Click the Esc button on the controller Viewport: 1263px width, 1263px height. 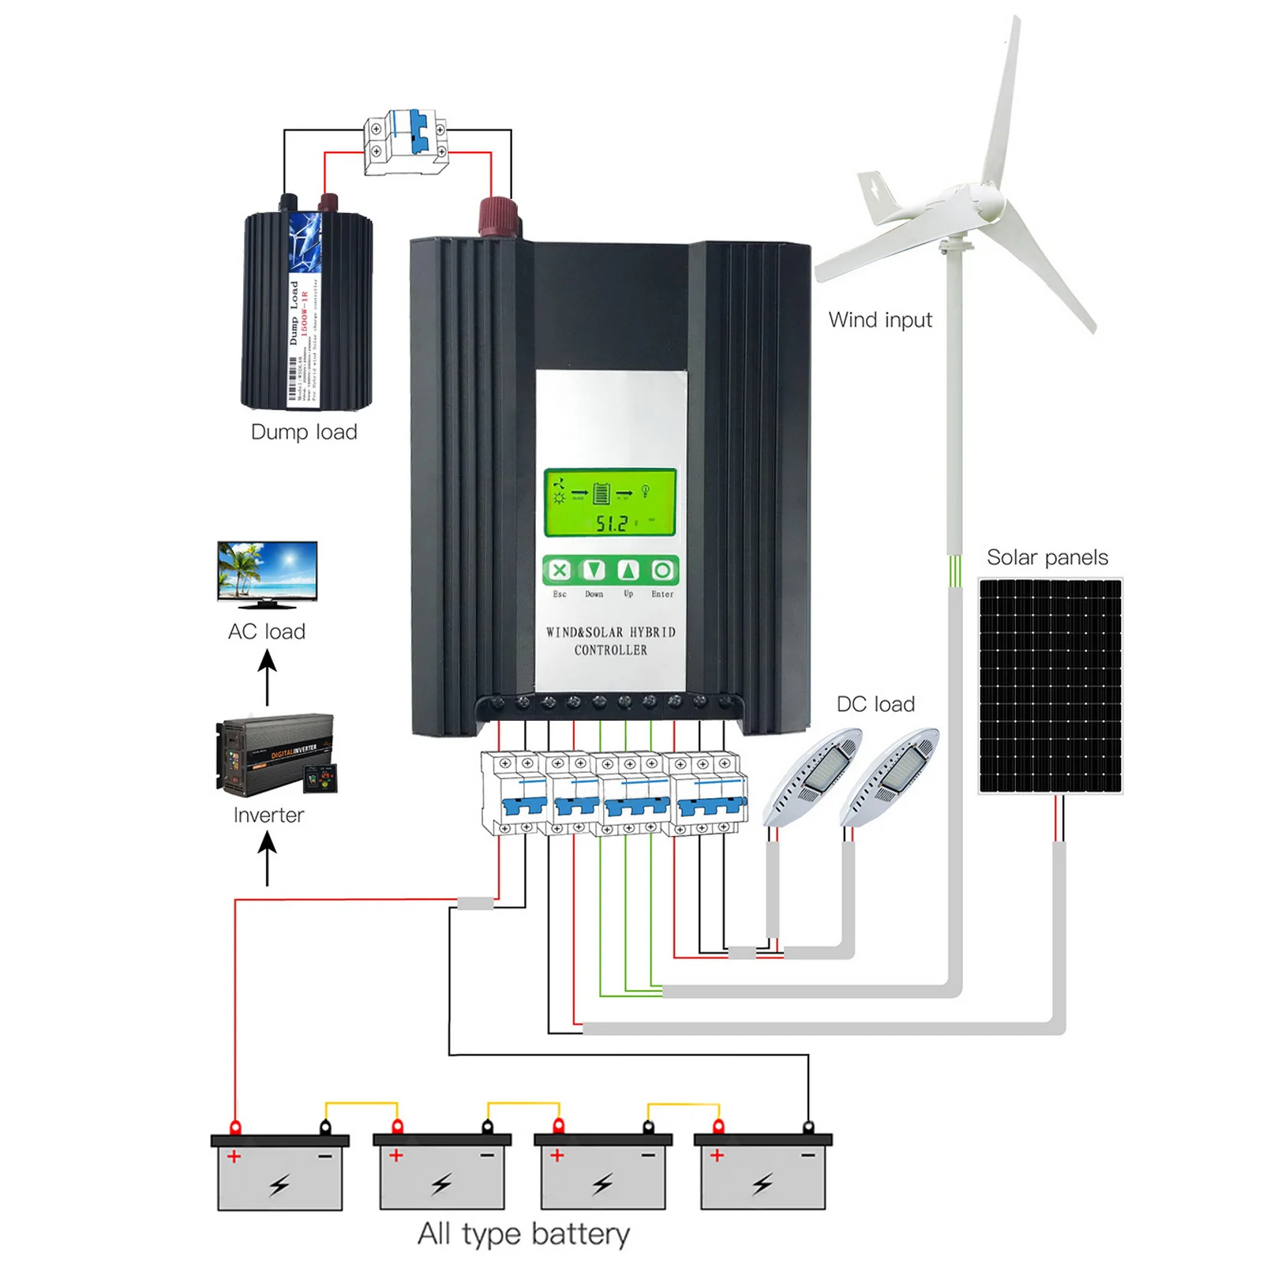pyautogui.click(x=559, y=570)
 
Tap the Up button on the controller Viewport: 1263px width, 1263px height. pyautogui.click(x=628, y=570)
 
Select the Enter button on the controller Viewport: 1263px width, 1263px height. pyautogui.click(x=663, y=570)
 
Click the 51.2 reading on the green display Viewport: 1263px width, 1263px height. pyautogui.click(x=613, y=523)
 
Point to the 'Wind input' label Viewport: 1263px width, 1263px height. pyautogui.click(x=879, y=320)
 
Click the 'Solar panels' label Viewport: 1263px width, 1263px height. pyautogui.click(x=1047, y=557)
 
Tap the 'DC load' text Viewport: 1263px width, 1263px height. pyautogui.click(x=875, y=704)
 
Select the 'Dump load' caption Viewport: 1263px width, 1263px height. pyautogui.click(x=304, y=432)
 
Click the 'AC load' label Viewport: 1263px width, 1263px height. pyautogui.click(x=267, y=631)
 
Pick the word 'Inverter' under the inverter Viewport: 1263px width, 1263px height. pyautogui.click(x=268, y=815)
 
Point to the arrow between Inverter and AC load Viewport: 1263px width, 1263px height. pyautogui.click(x=268, y=676)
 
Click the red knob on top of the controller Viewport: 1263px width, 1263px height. pyautogui.click(x=499, y=217)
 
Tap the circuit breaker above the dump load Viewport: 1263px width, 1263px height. pyautogui.click(x=407, y=141)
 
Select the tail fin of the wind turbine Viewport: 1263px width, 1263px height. pyautogui.click(x=880, y=197)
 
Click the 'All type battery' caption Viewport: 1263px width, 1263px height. pyautogui.click(x=523, y=1234)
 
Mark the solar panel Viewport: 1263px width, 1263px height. pyautogui.click(x=1050, y=686)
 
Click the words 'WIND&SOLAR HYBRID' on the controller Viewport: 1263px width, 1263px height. pyautogui.click(x=610, y=632)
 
